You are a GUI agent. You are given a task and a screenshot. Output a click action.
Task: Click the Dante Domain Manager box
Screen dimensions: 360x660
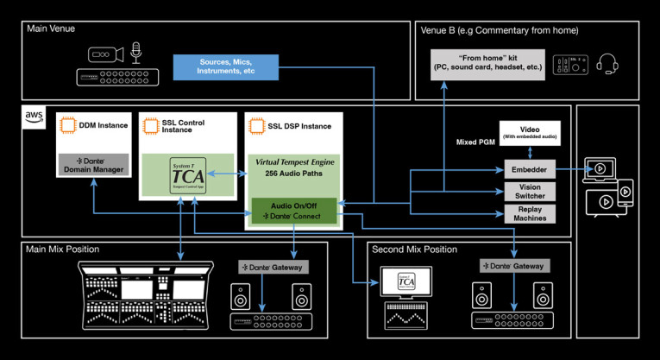point(92,165)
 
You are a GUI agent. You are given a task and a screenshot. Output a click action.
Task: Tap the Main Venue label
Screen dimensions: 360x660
point(51,28)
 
